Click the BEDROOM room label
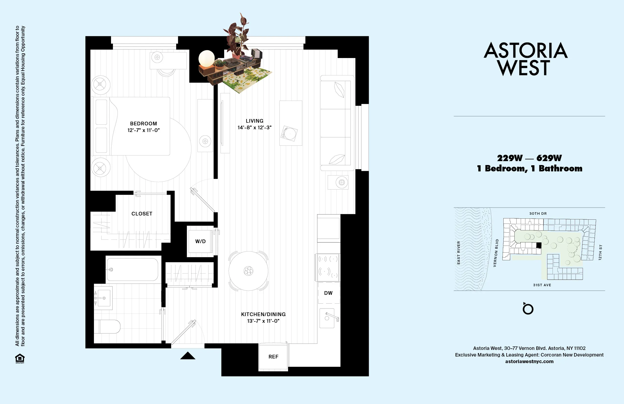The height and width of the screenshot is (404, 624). tap(143, 124)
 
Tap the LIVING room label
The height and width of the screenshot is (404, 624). tap(254, 121)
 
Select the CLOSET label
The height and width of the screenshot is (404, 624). tap(142, 214)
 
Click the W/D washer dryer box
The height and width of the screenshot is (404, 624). tap(200, 241)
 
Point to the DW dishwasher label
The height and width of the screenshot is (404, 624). tap(328, 293)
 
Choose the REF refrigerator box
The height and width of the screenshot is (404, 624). tap(273, 357)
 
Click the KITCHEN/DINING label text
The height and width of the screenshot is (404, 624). tap(263, 314)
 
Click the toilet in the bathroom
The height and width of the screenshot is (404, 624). tap(107, 326)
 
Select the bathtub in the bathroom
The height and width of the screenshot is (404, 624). tap(133, 269)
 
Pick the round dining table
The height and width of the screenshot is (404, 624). tap(248, 271)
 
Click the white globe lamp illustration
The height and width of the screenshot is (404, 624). tap(207, 58)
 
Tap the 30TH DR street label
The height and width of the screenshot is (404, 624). tap(538, 214)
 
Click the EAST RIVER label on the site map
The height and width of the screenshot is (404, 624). tap(459, 252)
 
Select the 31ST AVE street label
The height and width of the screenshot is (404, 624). tap(542, 285)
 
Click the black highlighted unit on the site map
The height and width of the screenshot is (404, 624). tap(539, 245)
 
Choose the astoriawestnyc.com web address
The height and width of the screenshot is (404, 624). tap(529, 361)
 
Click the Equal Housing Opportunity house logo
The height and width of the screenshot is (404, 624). tap(20, 358)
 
